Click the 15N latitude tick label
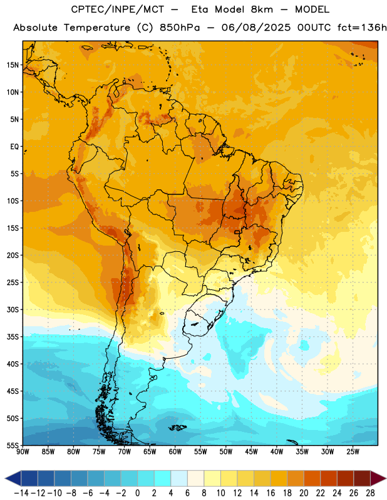click(13, 65)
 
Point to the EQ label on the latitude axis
click(14, 147)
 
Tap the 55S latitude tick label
click(13, 445)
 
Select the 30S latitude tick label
click(13, 309)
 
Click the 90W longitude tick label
click(23, 452)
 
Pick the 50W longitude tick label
click(226, 452)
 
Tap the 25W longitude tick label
click(353, 452)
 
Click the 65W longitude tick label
click(150, 452)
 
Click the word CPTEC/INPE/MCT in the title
click(118, 9)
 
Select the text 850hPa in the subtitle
click(180, 27)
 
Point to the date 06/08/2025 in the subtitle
click(256, 27)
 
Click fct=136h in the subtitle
click(362, 27)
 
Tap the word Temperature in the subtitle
click(97, 27)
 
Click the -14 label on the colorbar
click(21, 493)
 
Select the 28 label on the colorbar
click(370, 493)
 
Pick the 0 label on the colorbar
click(137, 493)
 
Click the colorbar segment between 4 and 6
click(179, 478)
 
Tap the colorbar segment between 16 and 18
click(279, 478)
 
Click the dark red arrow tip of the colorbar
click(378, 478)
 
